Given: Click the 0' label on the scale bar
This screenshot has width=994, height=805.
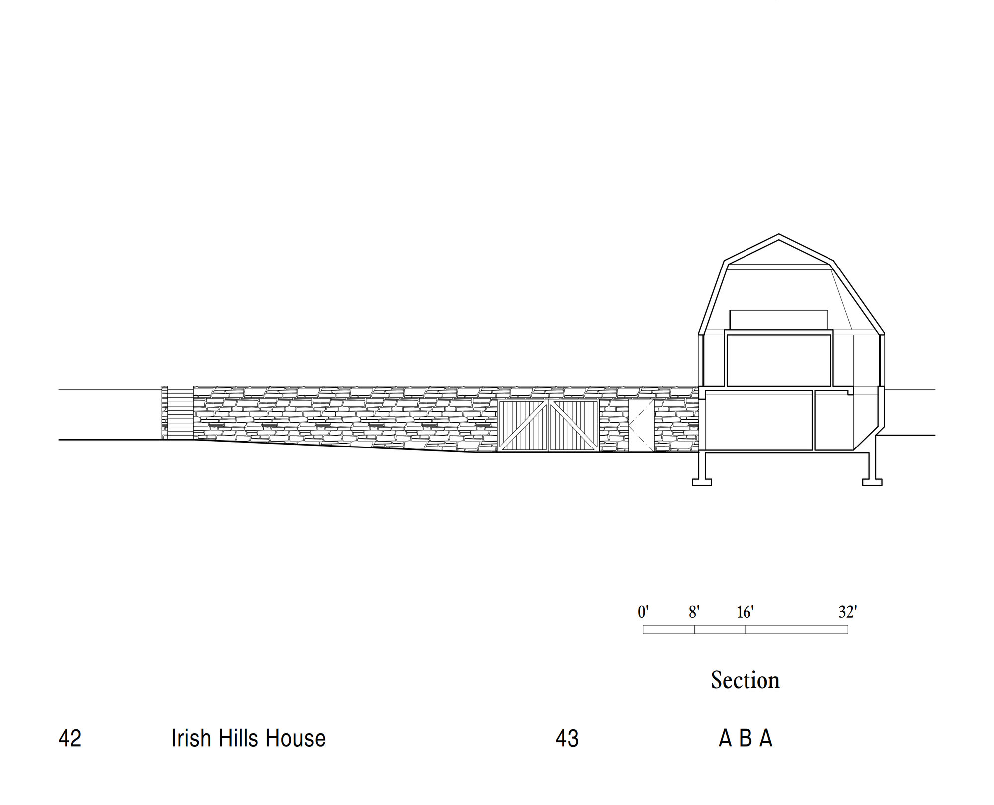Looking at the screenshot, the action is point(643,612).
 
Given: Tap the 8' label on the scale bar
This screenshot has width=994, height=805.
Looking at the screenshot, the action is point(694,612).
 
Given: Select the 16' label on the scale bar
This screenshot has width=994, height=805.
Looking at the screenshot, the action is point(745,612).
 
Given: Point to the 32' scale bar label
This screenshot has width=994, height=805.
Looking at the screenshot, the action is point(848,612).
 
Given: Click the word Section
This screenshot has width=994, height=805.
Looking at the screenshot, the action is point(745,680).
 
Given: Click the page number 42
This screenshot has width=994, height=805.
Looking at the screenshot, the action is point(70,738).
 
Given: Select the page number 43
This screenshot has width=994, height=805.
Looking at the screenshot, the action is point(567,738).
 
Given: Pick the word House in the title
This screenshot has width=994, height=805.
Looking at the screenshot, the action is point(295,738).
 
